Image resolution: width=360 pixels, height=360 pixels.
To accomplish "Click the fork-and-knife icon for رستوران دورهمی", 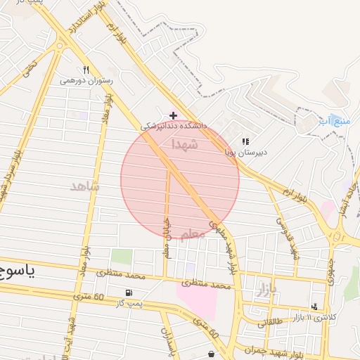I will pos(86,70).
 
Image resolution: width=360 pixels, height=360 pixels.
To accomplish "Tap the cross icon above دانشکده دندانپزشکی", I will pos(173,115).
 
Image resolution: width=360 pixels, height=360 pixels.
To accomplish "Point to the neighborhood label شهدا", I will pos(185,144).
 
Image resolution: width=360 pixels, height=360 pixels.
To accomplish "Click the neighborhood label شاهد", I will pos(85,186).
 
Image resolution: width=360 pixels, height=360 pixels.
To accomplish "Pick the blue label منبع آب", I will pos(334,120).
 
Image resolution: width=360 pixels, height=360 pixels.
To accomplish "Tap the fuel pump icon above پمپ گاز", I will pos(128,292).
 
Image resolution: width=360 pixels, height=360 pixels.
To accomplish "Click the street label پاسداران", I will pos(166,340).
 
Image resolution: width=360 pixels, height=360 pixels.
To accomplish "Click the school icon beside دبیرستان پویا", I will pos(245,141).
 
